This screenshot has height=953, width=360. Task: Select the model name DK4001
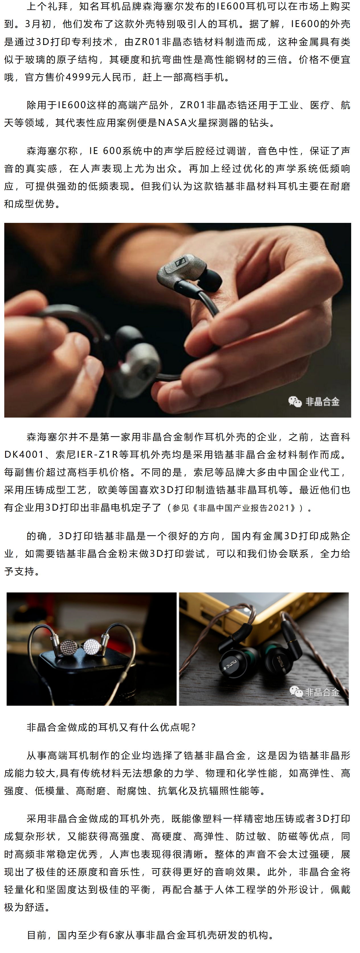click(x=24, y=454)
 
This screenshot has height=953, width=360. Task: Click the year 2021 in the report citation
click(x=279, y=508)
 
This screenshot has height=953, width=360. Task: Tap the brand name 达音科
click(x=335, y=437)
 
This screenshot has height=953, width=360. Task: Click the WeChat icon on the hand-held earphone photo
click(x=295, y=401)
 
